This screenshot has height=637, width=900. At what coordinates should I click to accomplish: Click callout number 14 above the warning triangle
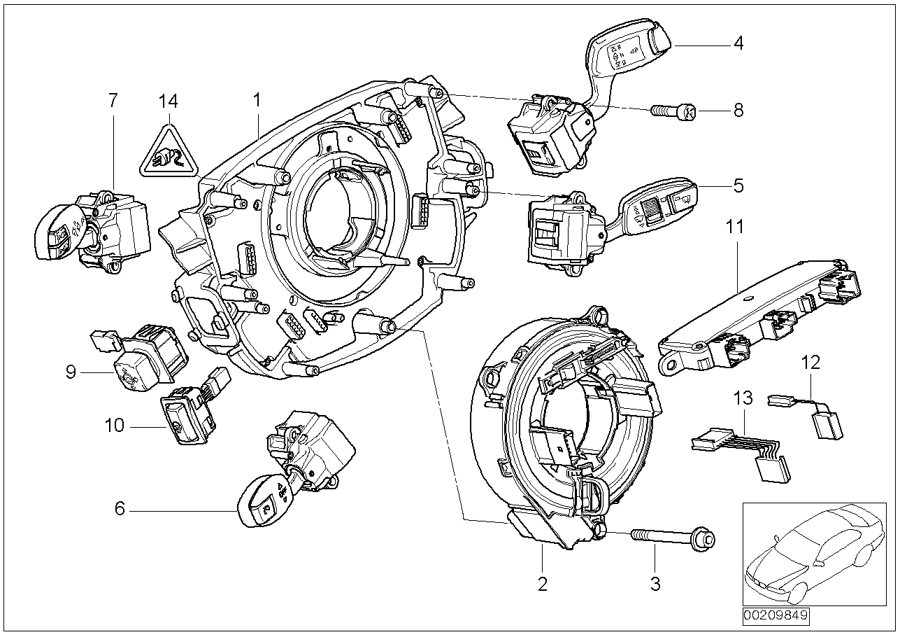click(168, 101)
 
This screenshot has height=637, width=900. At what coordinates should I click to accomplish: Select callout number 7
click(113, 101)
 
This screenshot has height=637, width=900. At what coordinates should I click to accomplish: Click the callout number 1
click(257, 101)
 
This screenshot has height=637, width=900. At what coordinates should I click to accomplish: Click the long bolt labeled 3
click(671, 538)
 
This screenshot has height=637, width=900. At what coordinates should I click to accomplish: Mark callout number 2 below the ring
click(543, 584)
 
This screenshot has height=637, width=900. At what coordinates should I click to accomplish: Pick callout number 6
click(120, 509)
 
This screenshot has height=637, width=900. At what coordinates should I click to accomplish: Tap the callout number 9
click(71, 372)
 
